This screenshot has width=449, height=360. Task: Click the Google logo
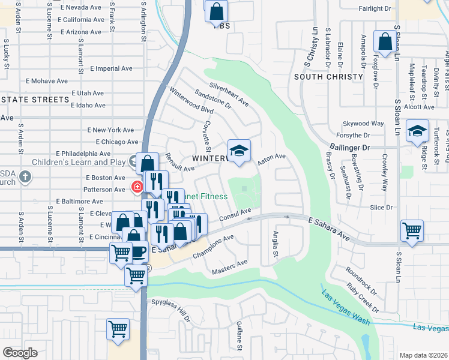point(20,353)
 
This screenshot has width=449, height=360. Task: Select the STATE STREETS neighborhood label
point(35,99)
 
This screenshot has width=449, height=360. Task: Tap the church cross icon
point(25,177)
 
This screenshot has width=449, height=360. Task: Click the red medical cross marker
point(137,187)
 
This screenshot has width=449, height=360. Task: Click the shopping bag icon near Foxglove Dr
point(385,41)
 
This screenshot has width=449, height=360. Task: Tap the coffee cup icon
point(139,251)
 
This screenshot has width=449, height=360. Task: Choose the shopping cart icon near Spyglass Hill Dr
point(118,329)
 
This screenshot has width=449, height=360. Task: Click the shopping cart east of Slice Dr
point(412,230)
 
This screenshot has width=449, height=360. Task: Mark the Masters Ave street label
point(229,268)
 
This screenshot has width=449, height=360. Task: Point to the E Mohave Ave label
point(46,80)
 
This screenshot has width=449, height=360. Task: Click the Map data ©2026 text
point(423,355)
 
